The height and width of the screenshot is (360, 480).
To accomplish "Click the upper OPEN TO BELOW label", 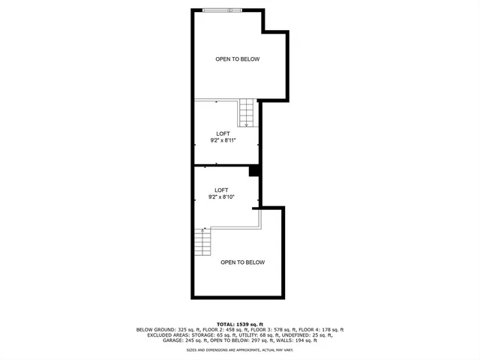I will (x=237, y=59).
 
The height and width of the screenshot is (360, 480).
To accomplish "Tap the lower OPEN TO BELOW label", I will (x=242, y=262).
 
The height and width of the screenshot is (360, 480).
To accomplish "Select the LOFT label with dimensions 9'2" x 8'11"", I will (x=223, y=136).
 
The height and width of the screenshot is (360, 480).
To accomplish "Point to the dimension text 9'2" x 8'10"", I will (x=221, y=196).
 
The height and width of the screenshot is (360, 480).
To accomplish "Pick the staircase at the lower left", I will (x=202, y=242).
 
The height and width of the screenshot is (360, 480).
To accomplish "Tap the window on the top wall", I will (x=223, y=10).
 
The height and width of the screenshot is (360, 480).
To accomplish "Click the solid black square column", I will (x=254, y=171).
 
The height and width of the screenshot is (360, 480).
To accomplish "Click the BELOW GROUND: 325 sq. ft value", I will (x=166, y=330).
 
